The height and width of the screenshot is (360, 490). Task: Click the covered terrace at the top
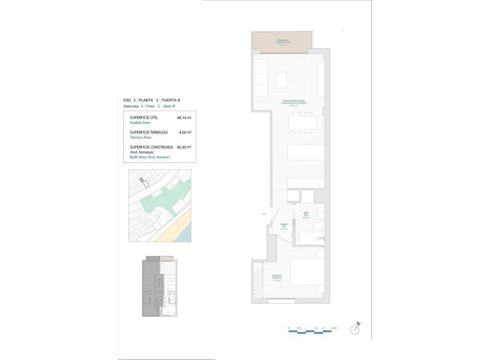click(282, 41)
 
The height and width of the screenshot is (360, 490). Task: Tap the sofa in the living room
click(261, 78)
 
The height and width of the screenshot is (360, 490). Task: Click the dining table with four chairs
click(302, 123)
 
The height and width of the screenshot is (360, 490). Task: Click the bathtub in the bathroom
click(311, 240)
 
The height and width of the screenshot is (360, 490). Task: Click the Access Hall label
click(283, 226)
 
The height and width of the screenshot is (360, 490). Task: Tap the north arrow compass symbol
click(357, 329)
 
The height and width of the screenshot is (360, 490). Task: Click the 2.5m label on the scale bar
click(334, 328)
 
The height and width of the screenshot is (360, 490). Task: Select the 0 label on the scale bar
click(288, 328)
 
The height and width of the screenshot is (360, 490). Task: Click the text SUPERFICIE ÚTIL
click(143, 118)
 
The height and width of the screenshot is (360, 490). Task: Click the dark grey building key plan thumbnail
click(159, 287)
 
